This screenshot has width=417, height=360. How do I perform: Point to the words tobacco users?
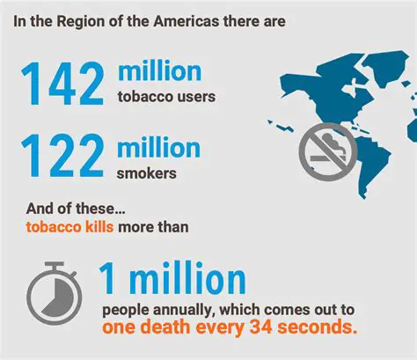click(166, 95)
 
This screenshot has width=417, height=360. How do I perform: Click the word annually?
click(176, 310)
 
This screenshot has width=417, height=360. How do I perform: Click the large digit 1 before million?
click(110, 280)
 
